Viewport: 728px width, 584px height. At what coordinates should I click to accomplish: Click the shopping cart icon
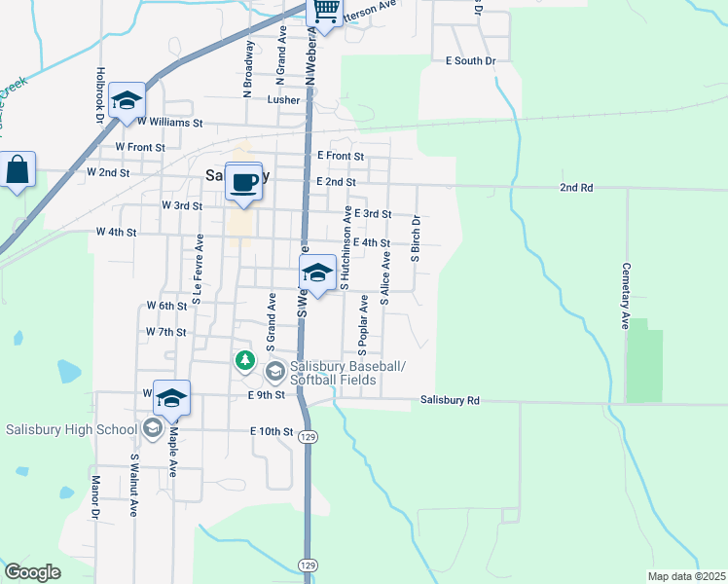coord(326,13)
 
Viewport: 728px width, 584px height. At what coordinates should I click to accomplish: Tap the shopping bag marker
coord(18,171)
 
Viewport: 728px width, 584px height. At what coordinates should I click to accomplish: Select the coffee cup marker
coord(244,182)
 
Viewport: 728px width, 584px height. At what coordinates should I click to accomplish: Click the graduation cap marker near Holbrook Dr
coord(127,101)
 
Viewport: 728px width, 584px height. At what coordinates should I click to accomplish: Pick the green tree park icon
coord(245,361)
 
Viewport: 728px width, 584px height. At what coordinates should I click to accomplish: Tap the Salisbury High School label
coord(71,429)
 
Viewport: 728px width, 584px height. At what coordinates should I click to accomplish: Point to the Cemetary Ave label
coord(626,296)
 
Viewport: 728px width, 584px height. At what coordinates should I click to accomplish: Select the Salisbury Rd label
coord(450,400)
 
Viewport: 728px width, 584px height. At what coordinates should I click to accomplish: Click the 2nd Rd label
coord(575,187)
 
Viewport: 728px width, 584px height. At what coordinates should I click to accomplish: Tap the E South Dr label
coord(470,61)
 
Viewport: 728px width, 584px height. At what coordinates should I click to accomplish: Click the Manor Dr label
coord(96,497)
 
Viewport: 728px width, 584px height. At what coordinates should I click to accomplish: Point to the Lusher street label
coord(283,100)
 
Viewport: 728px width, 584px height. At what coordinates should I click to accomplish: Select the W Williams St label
coord(169,124)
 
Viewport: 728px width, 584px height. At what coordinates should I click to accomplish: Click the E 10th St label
coord(271,431)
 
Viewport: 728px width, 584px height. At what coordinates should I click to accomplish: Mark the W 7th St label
coord(164,332)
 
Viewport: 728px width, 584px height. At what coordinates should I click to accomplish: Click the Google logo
coord(33,572)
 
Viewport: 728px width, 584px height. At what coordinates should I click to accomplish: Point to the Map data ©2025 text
coord(685,576)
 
